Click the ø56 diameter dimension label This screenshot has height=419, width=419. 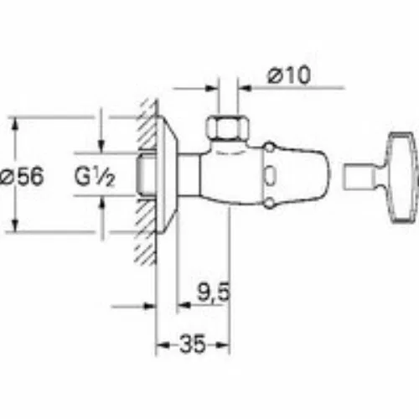[22, 176]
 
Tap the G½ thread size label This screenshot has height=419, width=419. [95, 177]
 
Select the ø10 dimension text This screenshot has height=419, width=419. [289, 75]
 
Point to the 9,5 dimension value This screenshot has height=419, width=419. [214, 292]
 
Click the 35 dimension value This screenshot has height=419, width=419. [193, 344]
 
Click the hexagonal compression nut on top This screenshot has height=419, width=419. [227, 127]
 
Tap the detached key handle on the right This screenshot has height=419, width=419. [401, 178]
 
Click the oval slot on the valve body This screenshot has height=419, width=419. [271, 176]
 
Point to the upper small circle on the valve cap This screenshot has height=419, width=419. [270, 147]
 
